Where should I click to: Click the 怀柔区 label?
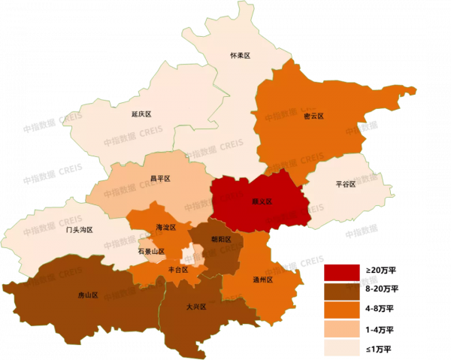[240, 56]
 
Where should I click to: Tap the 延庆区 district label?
[141, 114]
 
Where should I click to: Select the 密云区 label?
[313, 116]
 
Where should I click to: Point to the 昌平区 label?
[160, 179]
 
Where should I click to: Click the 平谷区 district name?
[346, 184]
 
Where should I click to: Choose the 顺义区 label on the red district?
[262, 201]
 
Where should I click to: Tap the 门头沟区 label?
[79, 229]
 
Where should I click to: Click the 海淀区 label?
[165, 227]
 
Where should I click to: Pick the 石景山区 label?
[151, 251]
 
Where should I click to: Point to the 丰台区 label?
[178, 269]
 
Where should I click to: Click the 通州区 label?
[262, 280]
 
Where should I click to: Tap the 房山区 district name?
[88, 295]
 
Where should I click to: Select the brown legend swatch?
[342, 292]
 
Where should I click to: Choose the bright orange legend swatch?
[342, 310]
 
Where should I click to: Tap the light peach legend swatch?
[342, 329]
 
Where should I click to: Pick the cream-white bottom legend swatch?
[342, 347]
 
